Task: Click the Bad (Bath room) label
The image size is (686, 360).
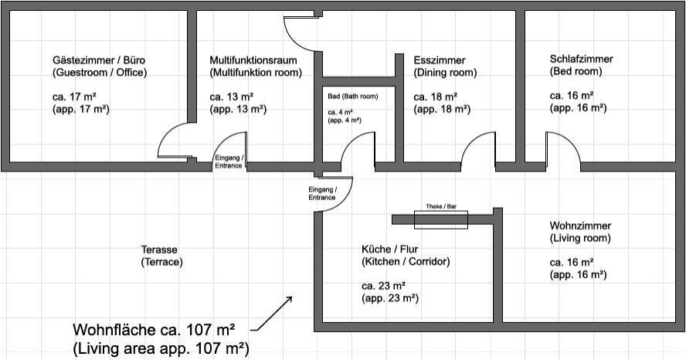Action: (x=353, y=97)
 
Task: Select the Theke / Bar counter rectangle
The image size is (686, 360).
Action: (x=441, y=219)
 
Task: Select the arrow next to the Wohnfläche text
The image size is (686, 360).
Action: (x=275, y=313)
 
